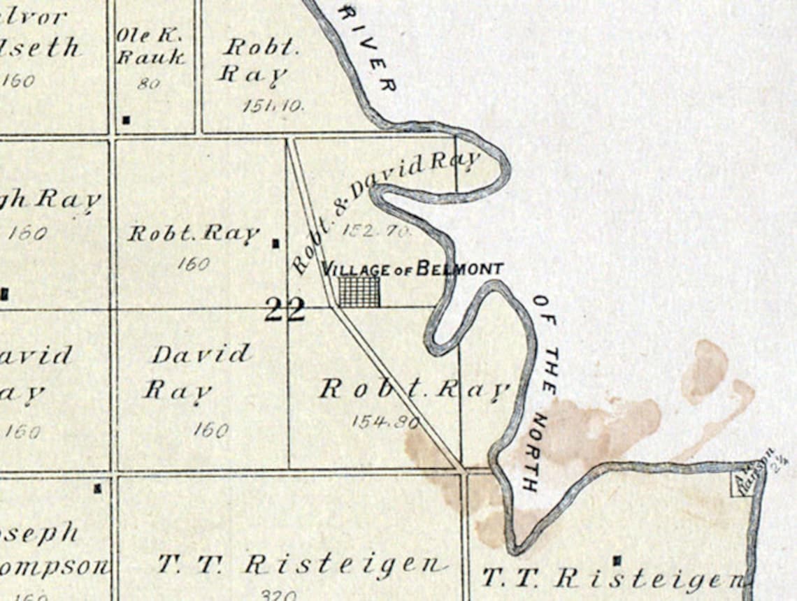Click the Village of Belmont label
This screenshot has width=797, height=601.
pos(412,269)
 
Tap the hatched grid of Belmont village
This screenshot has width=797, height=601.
pos(359,291)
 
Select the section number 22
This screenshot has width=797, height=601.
pos(285,308)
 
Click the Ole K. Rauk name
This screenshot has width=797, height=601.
pos(150,46)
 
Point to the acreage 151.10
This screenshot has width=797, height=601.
pos(273,106)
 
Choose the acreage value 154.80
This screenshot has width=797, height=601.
pos(385,421)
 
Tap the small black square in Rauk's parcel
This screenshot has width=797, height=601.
pos(126,120)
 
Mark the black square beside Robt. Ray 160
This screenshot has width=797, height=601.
pos(275,244)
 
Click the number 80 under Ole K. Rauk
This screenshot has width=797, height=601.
pos(148,84)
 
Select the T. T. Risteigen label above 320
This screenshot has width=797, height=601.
pos(301,564)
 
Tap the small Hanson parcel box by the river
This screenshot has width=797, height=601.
pos(743,483)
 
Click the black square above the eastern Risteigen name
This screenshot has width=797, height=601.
pos(617,560)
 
